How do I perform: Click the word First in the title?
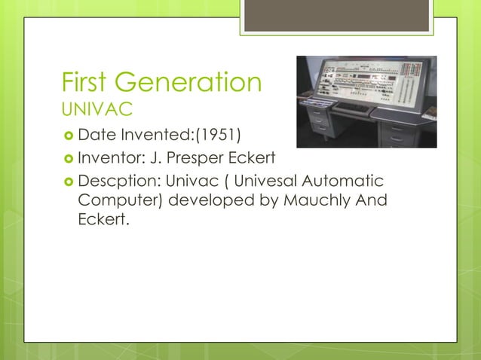click(89, 81)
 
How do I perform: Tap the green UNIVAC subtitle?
click(97, 111)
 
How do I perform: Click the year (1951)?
click(219, 136)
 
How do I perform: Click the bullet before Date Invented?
click(67, 136)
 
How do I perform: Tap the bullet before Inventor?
click(67, 159)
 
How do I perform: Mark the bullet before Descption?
click(67, 182)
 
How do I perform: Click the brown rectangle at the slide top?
click(336, 16)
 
